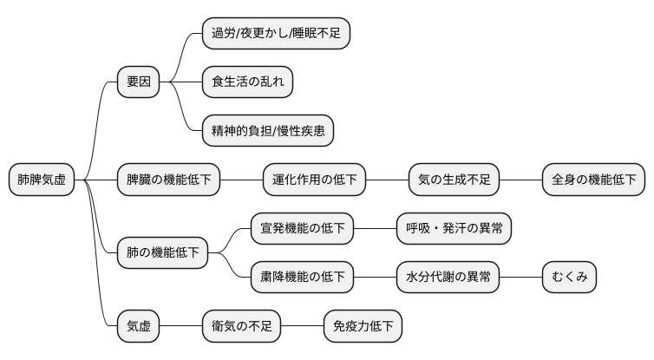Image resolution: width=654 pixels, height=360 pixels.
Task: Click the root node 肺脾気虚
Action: tap(42, 180)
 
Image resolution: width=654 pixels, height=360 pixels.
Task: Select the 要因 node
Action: tap(139, 82)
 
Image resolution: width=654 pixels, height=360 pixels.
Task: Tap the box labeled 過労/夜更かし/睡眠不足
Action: tap(276, 34)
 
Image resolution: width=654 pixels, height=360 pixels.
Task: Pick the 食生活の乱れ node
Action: tap(247, 82)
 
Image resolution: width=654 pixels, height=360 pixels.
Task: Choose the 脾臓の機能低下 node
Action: tap(169, 180)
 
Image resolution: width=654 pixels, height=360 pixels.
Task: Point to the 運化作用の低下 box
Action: tap(315, 180)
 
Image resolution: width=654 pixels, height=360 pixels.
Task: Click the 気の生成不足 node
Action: tap(455, 180)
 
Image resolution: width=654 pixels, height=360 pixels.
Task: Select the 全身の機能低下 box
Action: tap(594, 180)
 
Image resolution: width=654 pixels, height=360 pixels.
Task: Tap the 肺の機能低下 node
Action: tap(163, 253)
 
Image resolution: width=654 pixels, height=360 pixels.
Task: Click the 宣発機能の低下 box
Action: tap(303, 229)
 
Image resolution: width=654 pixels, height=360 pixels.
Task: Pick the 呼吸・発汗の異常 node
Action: tap(454, 229)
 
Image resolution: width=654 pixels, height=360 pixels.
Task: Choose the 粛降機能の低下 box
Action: tap(303, 278)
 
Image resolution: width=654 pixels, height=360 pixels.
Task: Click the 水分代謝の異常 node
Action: tap(448, 278)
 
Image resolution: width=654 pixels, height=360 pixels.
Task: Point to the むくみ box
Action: tap(570, 278)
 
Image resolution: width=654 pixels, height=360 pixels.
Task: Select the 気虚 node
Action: tap(139, 326)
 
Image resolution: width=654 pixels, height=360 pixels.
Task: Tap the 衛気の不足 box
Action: tap(242, 326)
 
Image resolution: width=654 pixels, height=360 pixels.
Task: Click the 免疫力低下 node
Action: tap(363, 326)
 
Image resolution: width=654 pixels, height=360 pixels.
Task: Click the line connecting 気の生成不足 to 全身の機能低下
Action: tap(521, 180)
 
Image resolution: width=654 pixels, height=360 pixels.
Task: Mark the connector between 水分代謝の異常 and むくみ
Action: tap(521, 278)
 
